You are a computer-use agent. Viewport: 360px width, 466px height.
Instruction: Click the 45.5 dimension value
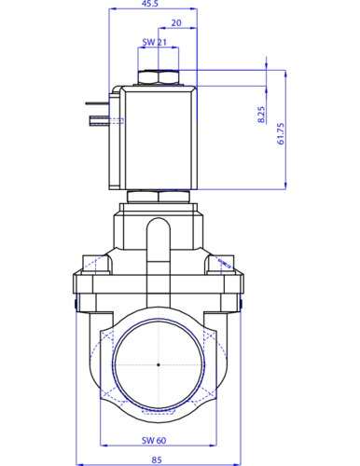coord(150,3)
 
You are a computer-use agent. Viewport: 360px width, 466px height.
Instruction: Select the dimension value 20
coord(176,23)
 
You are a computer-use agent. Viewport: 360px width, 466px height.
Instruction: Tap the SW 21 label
coord(154,42)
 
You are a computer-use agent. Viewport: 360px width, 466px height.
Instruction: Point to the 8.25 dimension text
coord(262,115)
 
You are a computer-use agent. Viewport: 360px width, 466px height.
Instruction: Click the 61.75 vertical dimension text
coord(281,134)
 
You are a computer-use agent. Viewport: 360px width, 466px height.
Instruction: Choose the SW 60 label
coord(154,440)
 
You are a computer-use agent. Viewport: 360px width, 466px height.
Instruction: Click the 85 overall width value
coord(157,459)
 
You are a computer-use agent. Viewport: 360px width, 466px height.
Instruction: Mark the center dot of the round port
coord(159,364)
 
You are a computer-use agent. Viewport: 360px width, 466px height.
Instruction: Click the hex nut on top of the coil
coord(159,77)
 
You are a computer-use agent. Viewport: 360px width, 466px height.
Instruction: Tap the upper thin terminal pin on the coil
coord(97,103)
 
